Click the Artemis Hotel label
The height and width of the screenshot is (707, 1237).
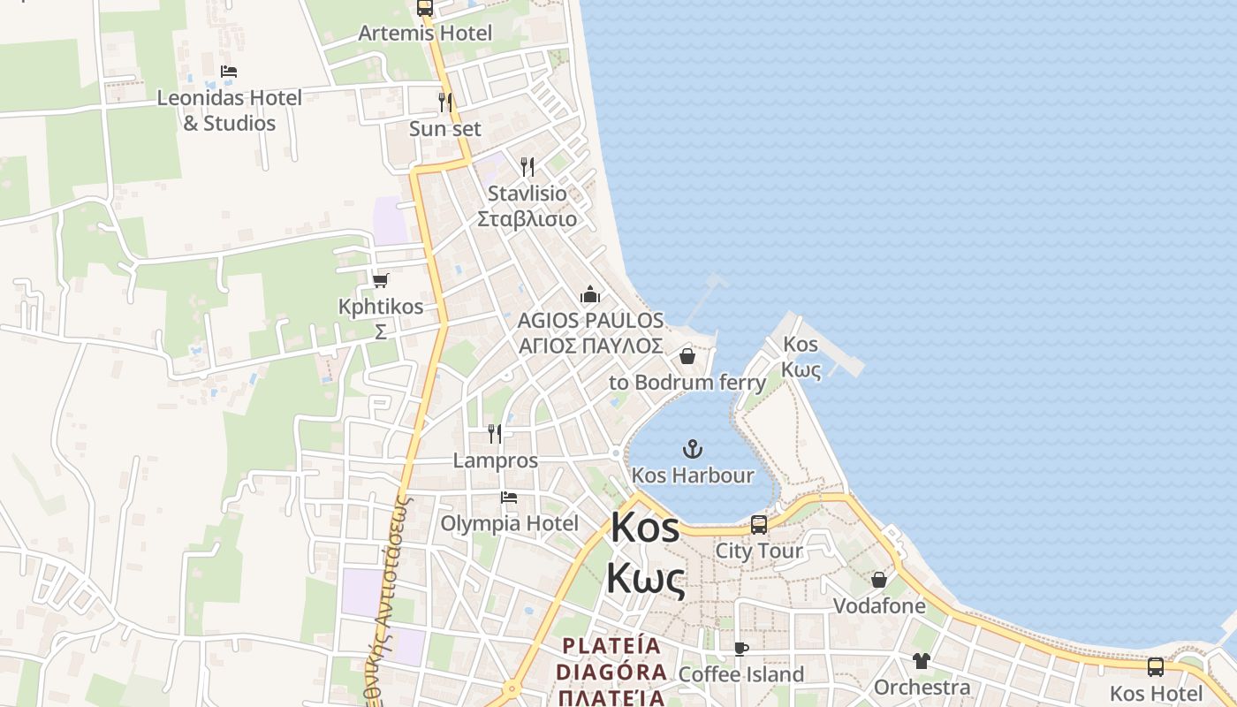425,34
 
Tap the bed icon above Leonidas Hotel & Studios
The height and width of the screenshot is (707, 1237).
229,72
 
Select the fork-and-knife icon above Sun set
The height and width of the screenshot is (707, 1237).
445,103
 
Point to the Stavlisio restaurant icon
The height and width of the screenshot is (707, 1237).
527,166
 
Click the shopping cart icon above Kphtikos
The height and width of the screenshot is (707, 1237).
381,280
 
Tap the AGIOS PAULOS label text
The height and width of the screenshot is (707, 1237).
590,320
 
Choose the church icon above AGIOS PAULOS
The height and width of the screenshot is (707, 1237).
590,294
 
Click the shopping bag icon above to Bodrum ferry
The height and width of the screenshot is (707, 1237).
687,356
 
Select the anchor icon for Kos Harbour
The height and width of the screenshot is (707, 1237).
693,449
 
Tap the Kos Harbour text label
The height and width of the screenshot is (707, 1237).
693,475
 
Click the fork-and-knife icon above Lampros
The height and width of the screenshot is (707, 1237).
495,434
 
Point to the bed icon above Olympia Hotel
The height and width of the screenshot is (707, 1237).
509,498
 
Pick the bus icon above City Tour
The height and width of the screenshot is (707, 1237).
759,525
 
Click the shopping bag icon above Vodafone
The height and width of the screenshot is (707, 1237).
879,580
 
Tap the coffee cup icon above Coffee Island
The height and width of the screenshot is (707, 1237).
741,650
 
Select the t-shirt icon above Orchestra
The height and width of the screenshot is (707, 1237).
922,661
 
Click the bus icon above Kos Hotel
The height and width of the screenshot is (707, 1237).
1156,667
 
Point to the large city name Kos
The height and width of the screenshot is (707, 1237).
645,528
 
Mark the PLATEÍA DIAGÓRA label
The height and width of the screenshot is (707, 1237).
611,658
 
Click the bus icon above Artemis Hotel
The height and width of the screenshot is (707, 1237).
425,8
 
